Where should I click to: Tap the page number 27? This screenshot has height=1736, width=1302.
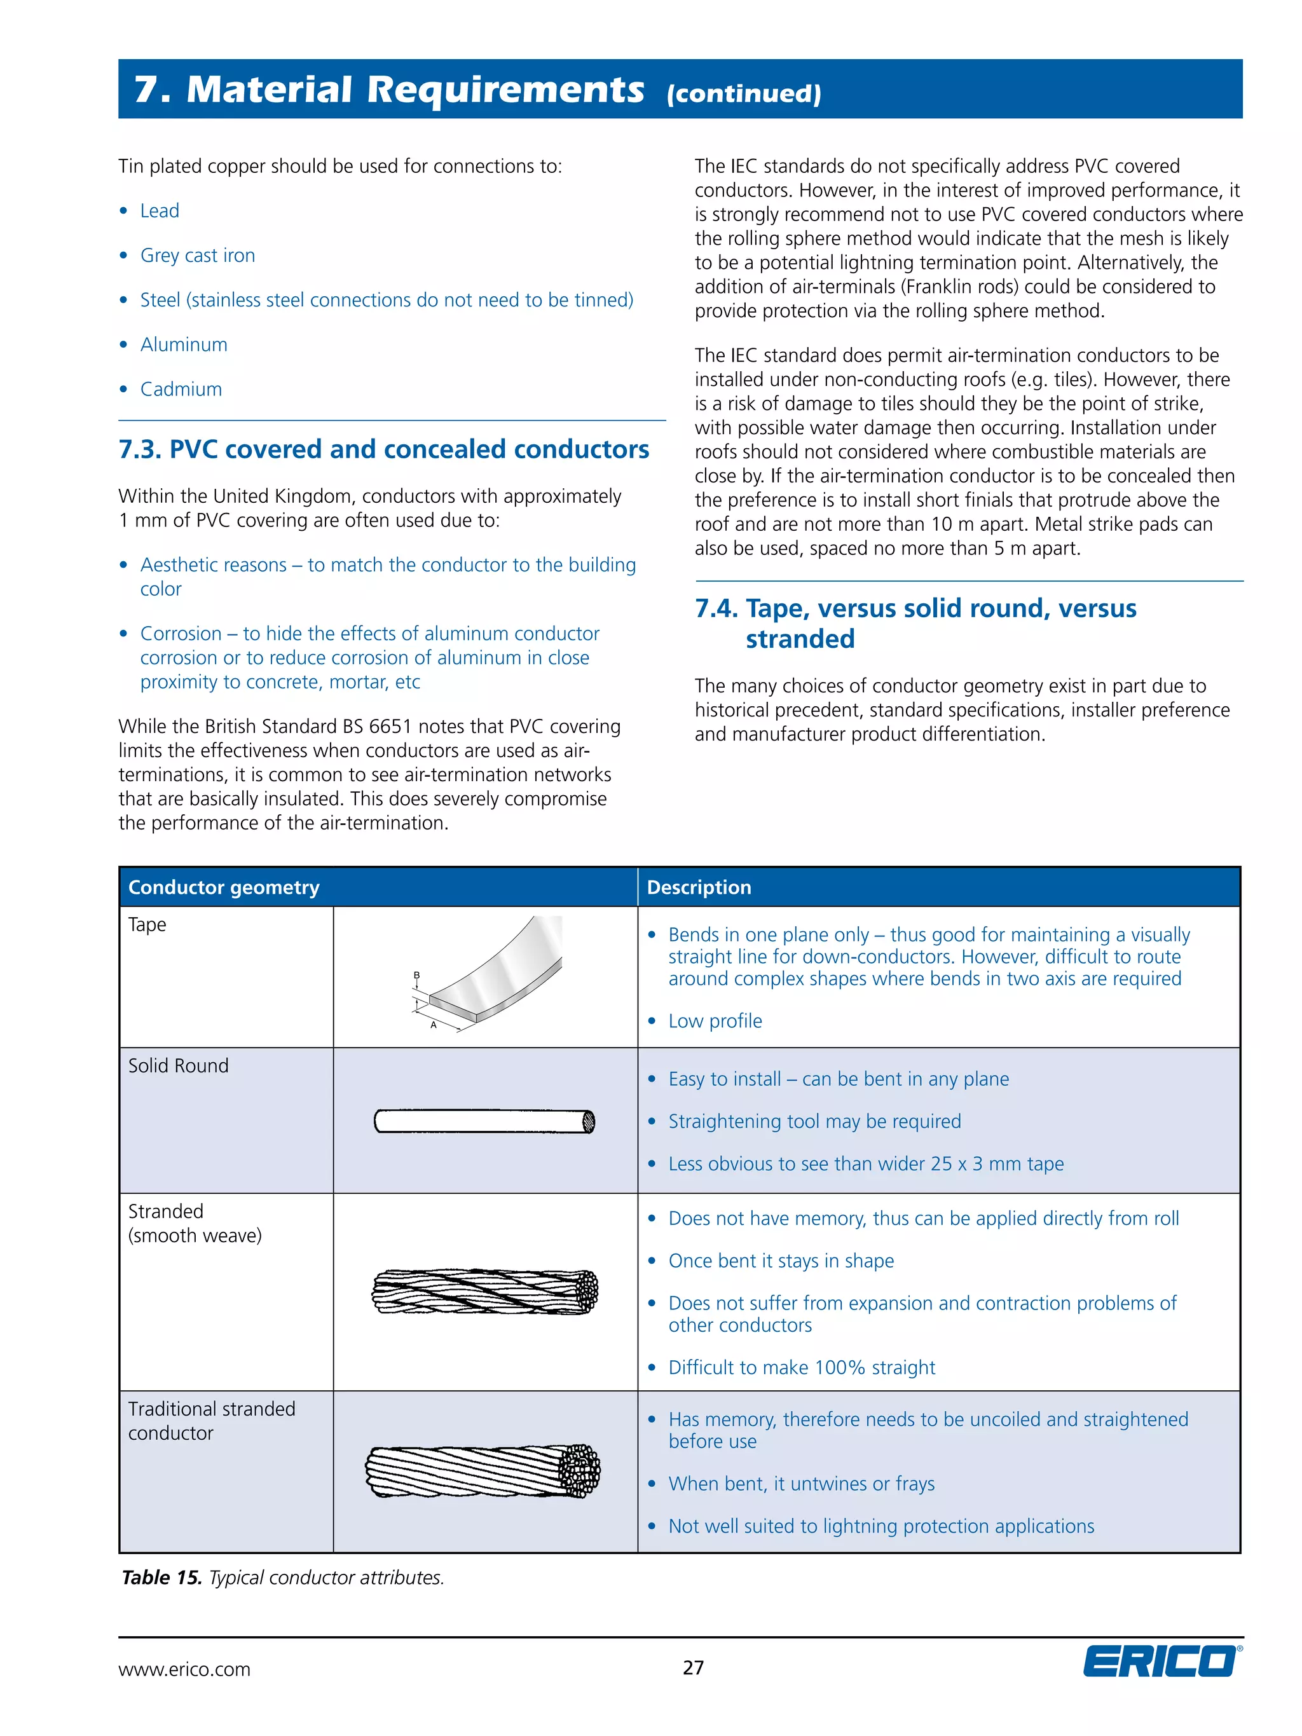pos(693,1668)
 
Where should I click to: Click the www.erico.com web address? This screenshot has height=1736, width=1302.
pos(184,1669)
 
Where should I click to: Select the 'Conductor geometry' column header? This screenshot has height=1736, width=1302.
pos(224,887)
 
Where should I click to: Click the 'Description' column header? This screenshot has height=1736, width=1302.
pos(699,887)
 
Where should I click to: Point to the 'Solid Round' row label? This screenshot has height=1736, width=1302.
pos(178,1066)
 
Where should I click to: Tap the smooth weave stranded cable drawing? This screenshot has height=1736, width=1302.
pos(484,1291)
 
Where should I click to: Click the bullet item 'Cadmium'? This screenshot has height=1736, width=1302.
pos(181,389)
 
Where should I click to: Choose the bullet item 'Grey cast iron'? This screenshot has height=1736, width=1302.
pos(197,256)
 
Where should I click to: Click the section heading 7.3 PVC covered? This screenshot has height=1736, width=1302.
pos(384,449)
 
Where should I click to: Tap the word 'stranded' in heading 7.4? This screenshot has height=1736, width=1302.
pos(800,639)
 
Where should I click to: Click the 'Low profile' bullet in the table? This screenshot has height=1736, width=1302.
pos(715,1021)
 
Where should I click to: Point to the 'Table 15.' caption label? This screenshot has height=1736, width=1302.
pos(161,1578)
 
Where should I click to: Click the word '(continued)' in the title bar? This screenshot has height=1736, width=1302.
pos(743,94)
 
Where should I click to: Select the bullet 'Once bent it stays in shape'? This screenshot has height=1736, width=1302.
pos(781,1261)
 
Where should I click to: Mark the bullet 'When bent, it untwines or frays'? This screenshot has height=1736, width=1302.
pos(801,1484)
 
